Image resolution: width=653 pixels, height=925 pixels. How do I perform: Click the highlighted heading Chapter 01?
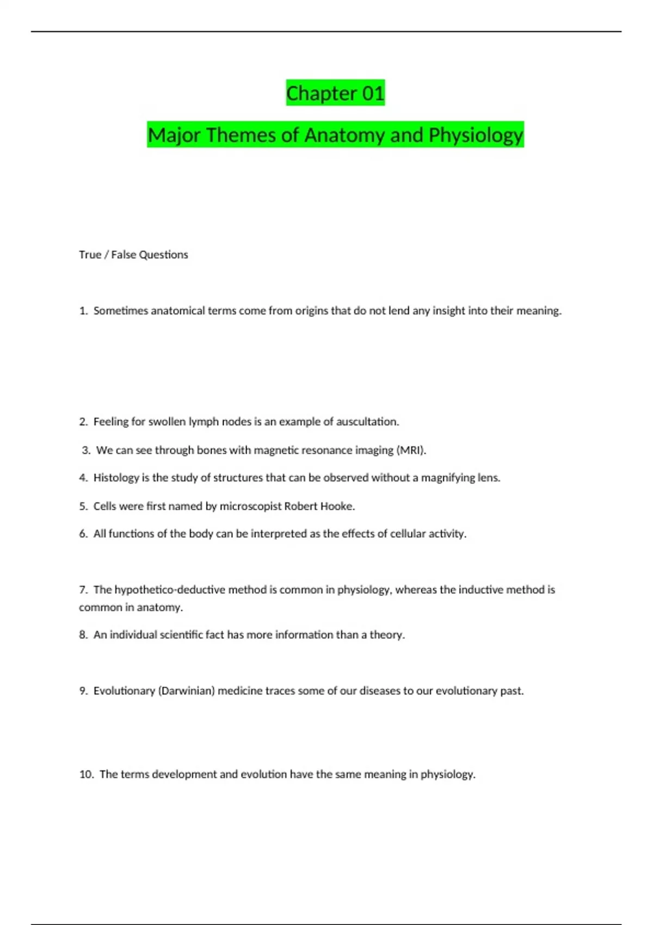pyautogui.click(x=335, y=93)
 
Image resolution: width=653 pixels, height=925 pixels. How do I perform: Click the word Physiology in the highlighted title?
pyautogui.click(x=476, y=135)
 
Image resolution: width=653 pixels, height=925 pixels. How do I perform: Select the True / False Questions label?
pyautogui.click(x=133, y=255)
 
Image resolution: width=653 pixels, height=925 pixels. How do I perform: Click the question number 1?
pyautogui.click(x=83, y=311)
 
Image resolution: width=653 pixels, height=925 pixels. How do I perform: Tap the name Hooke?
pyautogui.click(x=337, y=506)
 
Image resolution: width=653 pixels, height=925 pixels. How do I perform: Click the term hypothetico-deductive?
pyautogui.click(x=170, y=590)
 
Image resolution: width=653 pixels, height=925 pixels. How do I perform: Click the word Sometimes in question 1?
pyautogui.click(x=120, y=311)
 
